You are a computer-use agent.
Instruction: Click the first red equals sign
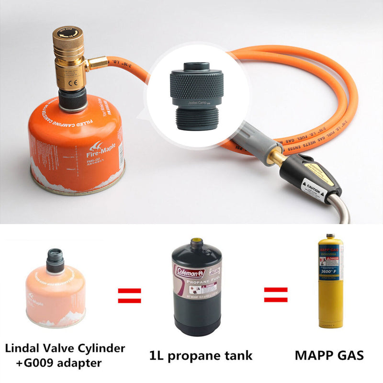point(129,295)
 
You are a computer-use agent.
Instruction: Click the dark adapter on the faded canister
point(55,260)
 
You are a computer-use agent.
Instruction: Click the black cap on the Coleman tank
point(197,245)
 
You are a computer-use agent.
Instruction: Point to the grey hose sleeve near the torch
point(257,141)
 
